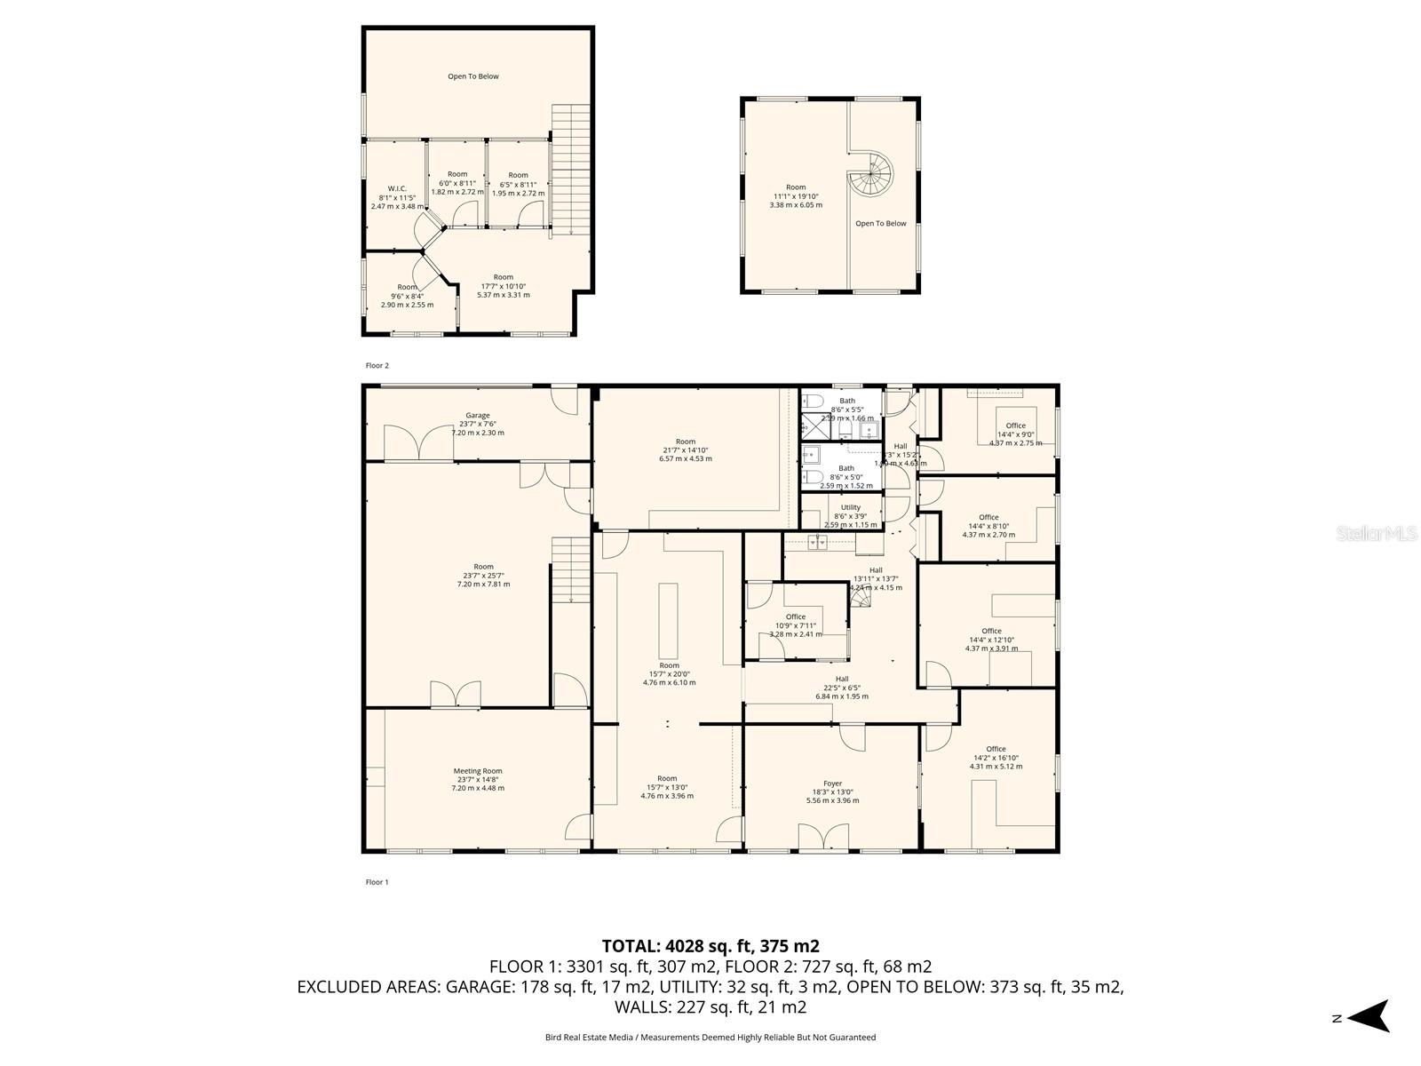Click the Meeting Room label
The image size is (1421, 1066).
coord(478,771)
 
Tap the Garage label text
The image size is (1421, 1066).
coord(478,416)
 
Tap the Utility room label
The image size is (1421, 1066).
coord(850,508)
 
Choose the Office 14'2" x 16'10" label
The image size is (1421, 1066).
coord(996,749)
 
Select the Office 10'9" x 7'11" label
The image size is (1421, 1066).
coord(795,617)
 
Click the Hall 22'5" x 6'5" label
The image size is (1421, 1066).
coord(841,680)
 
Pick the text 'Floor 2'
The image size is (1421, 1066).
coord(377,365)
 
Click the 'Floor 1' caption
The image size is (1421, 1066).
coord(377,882)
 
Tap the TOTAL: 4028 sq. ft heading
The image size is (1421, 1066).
coord(710,946)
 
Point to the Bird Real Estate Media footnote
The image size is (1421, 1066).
coord(710,1037)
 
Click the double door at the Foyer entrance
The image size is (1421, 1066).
coord(823,838)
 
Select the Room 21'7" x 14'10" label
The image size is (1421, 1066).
coord(685,442)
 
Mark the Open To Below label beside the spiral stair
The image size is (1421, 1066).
coord(880,224)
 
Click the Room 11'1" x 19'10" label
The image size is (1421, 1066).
coord(796,188)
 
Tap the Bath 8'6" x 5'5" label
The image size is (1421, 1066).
coord(846,402)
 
